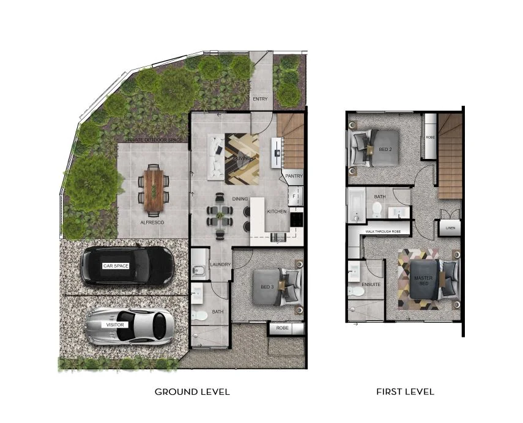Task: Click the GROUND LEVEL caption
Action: point(192,392)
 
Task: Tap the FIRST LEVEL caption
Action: point(405,392)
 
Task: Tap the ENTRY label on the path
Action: point(260,99)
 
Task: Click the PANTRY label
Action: point(294,176)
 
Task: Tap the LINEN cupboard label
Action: point(451,229)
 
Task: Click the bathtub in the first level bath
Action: point(355,205)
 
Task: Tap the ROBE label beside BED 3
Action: point(282,328)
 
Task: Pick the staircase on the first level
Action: point(450,156)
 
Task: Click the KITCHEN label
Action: point(277,211)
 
